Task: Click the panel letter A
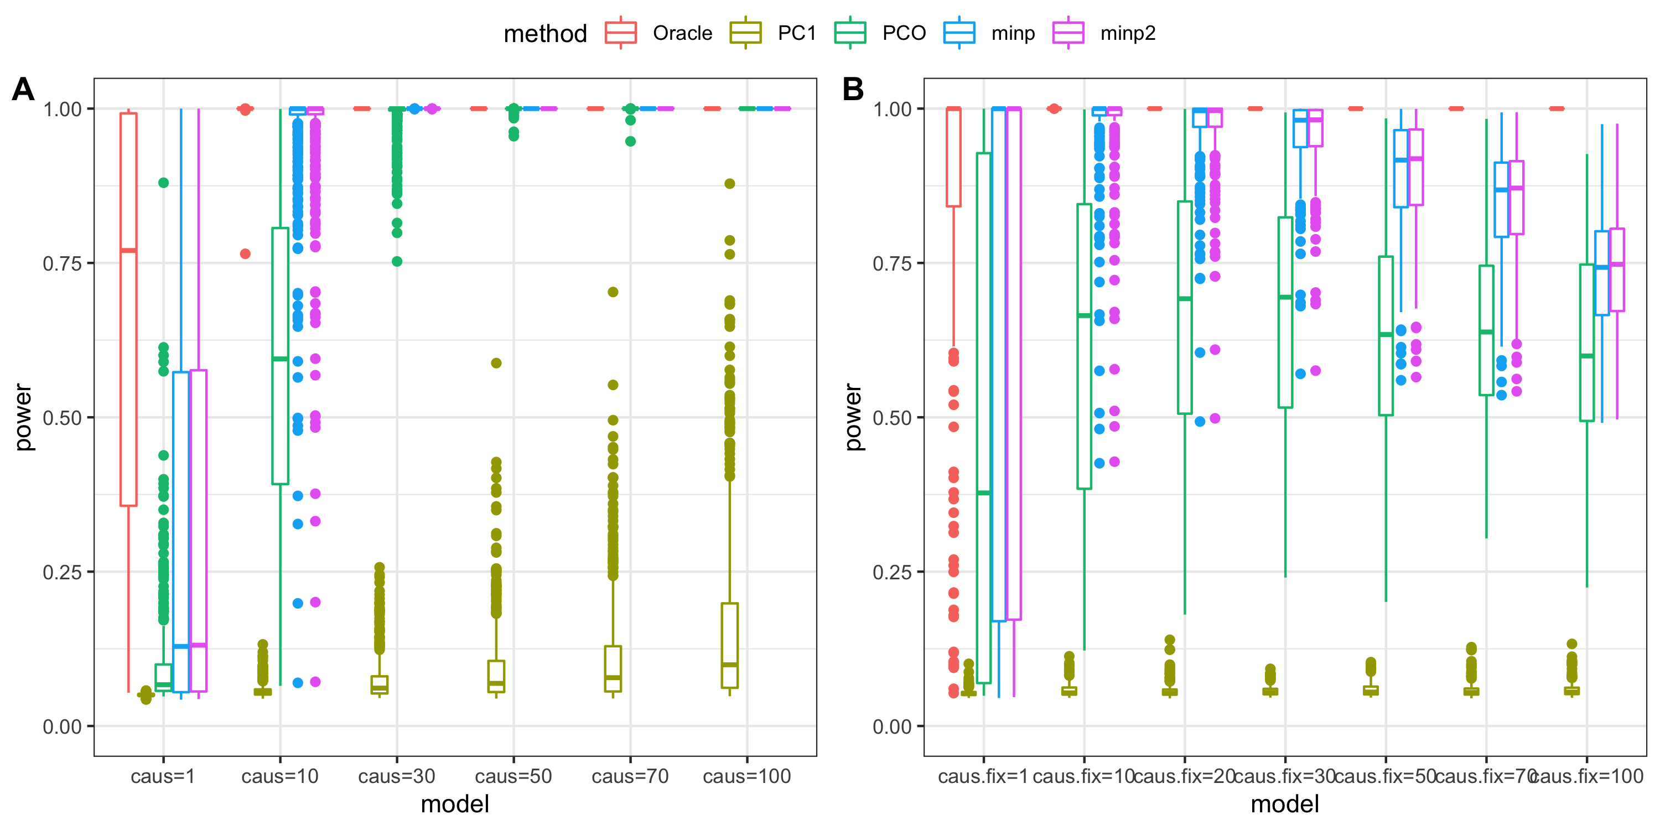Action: pyautogui.click(x=23, y=89)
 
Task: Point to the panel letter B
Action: pyautogui.click(x=853, y=89)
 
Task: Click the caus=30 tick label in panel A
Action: pyautogui.click(x=396, y=776)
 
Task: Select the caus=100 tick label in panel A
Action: pyautogui.click(x=746, y=776)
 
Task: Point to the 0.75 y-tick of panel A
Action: pyautogui.click(x=63, y=263)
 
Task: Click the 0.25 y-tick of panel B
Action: pyautogui.click(x=893, y=572)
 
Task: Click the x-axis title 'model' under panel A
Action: pyautogui.click(x=455, y=804)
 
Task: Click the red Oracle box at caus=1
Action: pyautogui.click(x=128, y=309)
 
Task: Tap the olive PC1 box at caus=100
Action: pyautogui.click(x=729, y=645)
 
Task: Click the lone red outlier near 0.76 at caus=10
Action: pyautogui.click(x=245, y=254)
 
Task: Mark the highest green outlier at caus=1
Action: pyautogui.click(x=164, y=183)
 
